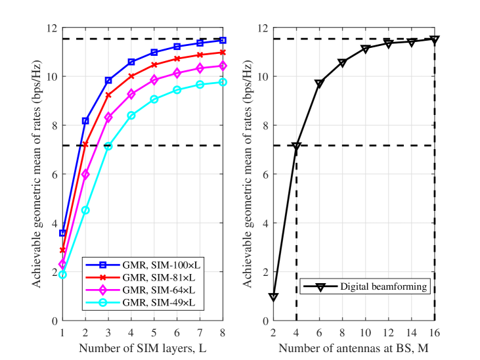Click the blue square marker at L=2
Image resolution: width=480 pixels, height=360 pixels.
click(85, 121)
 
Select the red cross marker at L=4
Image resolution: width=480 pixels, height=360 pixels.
click(131, 76)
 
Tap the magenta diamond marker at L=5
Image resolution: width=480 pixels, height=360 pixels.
click(154, 79)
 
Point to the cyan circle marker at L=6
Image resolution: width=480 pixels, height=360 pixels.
click(177, 90)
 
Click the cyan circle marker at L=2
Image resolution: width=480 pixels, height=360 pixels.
click(85, 210)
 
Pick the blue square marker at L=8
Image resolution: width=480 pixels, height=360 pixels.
click(223, 41)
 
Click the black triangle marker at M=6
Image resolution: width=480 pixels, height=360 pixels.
click(319, 83)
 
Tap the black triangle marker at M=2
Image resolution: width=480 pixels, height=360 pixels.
click(273, 297)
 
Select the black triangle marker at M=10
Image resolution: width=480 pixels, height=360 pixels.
click(366, 49)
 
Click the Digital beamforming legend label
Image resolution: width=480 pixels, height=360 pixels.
click(383, 286)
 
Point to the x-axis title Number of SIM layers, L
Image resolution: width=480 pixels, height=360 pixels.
click(142, 348)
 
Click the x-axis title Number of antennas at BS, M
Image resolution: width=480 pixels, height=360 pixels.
click(353, 348)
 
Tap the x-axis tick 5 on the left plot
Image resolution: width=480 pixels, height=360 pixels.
click(154, 332)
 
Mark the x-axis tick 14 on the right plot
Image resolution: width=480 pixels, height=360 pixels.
click(412, 332)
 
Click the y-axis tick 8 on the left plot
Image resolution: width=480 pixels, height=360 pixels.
click(55, 125)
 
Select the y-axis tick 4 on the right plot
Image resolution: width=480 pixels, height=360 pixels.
click(265, 223)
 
